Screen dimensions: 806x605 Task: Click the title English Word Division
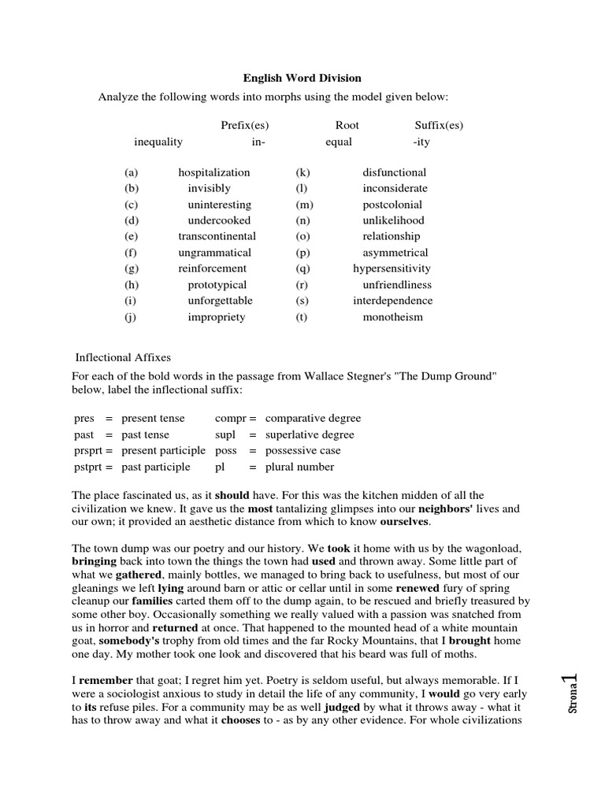click(x=302, y=78)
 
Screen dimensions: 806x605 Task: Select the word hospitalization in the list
click(x=213, y=172)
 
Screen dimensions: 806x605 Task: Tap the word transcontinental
click(x=217, y=236)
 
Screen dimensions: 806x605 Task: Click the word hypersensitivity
click(x=392, y=268)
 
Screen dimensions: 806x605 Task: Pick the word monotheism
click(x=392, y=317)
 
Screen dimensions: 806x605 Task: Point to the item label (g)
click(x=131, y=268)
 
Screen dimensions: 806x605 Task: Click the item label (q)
click(x=303, y=268)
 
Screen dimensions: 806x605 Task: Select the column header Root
click(x=347, y=124)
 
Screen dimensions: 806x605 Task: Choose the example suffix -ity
click(x=421, y=142)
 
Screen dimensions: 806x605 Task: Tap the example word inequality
click(x=158, y=142)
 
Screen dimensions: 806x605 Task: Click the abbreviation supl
click(x=225, y=434)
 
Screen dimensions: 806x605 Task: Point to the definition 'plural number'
click(x=299, y=467)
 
